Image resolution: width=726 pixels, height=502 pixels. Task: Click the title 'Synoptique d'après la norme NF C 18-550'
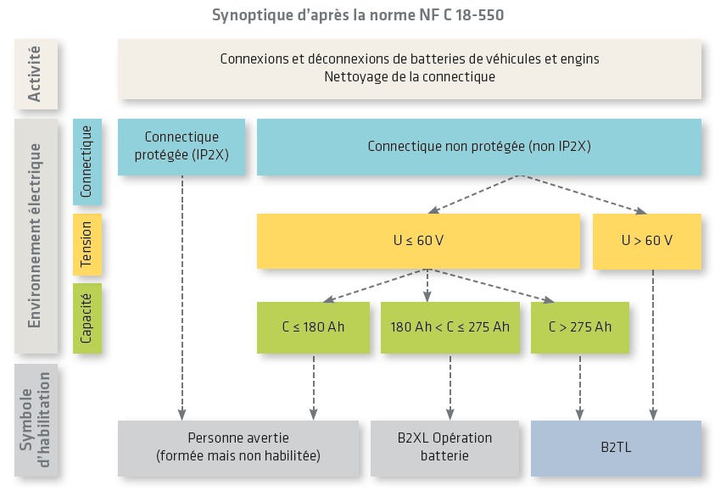(x=362, y=14)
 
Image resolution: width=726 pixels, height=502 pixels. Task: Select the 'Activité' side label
(x=36, y=74)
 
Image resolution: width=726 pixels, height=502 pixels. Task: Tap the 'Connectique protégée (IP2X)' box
(x=181, y=146)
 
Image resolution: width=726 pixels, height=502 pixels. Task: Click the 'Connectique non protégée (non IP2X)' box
(x=478, y=146)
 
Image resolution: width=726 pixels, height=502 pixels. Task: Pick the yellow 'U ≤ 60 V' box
(x=418, y=241)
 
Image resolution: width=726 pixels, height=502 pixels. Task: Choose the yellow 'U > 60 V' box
(x=646, y=241)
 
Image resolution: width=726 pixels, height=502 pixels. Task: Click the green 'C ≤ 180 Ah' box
(x=313, y=326)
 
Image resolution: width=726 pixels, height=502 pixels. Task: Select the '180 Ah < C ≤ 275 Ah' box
(x=450, y=326)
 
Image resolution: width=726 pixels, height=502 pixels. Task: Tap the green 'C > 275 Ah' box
(x=579, y=326)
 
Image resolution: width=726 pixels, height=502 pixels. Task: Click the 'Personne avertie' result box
(x=237, y=447)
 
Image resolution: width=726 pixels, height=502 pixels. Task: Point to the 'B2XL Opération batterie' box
(x=444, y=447)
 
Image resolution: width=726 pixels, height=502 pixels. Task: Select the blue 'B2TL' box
(x=615, y=447)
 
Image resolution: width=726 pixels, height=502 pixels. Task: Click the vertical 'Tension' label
(x=87, y=244)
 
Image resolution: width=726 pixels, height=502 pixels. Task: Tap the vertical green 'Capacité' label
(x=87, y=318)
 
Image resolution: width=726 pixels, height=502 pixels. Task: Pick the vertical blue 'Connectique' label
(x=87, y=161)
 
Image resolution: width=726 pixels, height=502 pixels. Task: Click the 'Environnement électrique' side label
(x=36, y=235)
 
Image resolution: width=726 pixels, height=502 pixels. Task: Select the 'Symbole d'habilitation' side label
(x=36, y=420)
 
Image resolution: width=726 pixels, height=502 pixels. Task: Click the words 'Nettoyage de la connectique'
(x=409, y=76)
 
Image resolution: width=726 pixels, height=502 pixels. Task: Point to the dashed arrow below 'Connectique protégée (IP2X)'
(x=182, y=297)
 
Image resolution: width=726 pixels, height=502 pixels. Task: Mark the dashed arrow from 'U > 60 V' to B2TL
(x=653, y=343)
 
